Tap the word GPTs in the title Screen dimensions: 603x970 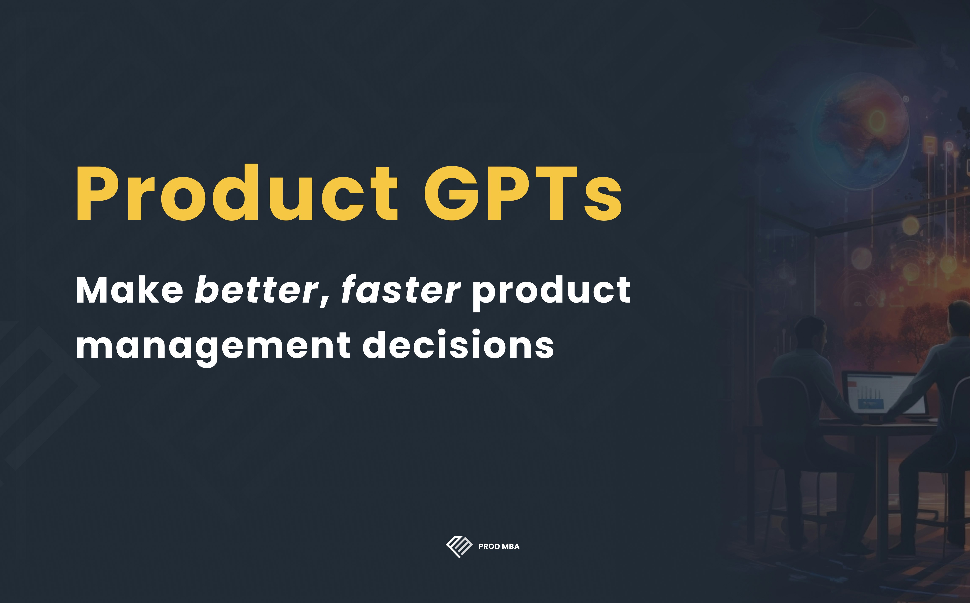523,193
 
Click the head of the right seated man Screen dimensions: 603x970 960,319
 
